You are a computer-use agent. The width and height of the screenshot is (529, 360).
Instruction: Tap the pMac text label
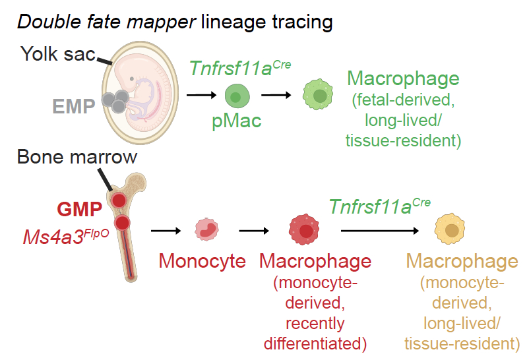pyautogui.click(x=235, y=123)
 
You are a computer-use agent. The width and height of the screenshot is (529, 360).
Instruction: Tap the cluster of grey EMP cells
pyautogui.click(x=115, y=100)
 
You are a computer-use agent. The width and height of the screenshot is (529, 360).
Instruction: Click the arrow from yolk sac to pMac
pyautogui.click(x=200, y=96)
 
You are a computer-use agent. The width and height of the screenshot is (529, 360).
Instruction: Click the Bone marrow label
pyautogui.click(x=77, y=157)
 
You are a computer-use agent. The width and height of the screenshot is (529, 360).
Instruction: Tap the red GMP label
pyautogui.click(x=80, y=210)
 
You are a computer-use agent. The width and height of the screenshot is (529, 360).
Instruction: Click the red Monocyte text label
pyautogui.click(x=202, y=261)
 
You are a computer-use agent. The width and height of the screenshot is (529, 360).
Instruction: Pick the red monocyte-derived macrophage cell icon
pyautogui.click(x=304, y=230)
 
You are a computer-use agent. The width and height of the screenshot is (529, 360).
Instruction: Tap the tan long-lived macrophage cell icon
pyautogui.click(x=451, y=230)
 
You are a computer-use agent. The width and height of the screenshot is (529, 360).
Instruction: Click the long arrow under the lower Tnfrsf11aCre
pyautogui.click(x=381, y=231)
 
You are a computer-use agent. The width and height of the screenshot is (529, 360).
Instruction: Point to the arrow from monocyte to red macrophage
pyautogui.click(x=255, y=231)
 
